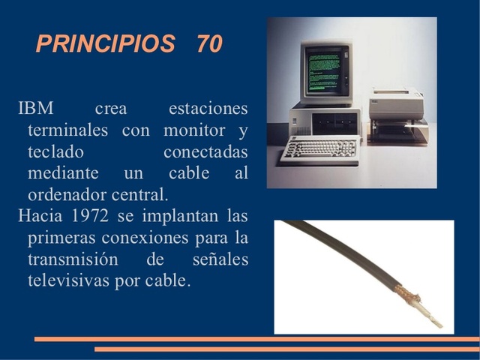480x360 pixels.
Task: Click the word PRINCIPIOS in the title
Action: (105, 43)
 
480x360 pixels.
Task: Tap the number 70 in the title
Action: (209, 43)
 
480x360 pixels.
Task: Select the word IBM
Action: (35, 109)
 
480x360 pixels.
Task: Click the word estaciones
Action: (208, 109)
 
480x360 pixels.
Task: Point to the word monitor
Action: (195, 130)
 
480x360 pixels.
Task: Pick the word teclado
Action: (55, 152)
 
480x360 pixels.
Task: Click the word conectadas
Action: (205, 152)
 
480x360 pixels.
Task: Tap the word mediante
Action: (61, 174)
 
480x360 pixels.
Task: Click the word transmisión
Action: (73, 260)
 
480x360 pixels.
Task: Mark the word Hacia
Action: (41, 217)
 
